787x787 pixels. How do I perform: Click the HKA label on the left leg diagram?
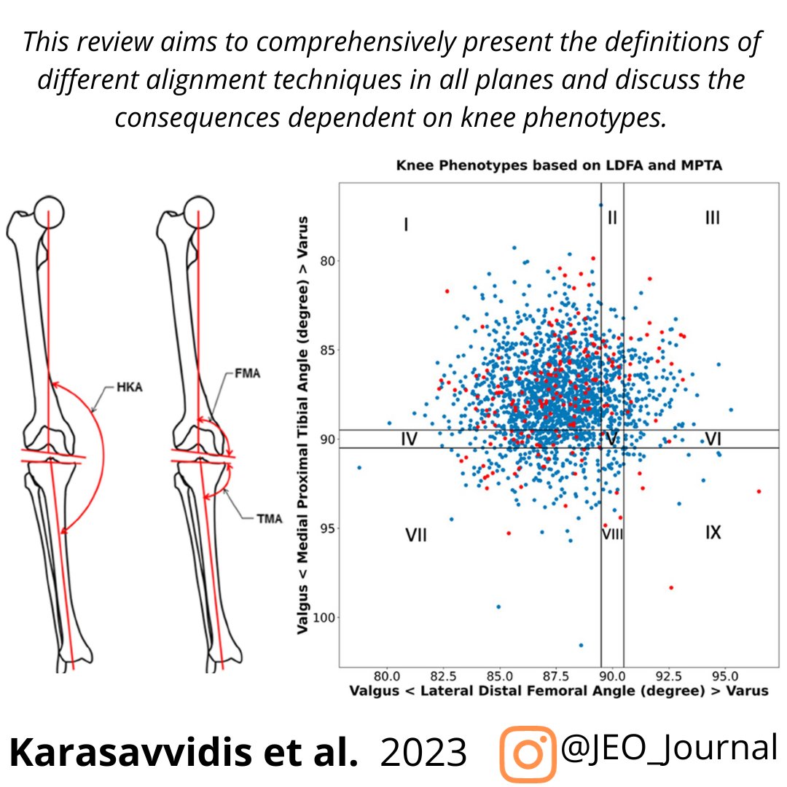click(x=129, y=387)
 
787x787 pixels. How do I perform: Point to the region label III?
click(x=712, y=217)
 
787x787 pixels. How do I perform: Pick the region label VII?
click(x=415, y=536)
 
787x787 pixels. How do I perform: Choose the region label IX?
click(x=713, y=533)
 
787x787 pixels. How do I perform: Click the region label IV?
click(x=409, y=439)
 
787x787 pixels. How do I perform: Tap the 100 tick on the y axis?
click(x=322, y=618)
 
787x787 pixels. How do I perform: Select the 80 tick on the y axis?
click(x=326, y=261)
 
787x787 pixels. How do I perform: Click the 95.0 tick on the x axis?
click(x=724, y=676)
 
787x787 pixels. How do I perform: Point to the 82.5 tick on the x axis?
click(x=442, y=676)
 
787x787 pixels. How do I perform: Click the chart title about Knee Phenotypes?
click(x=558, y=166)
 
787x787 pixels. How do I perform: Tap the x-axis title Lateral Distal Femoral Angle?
click(x=559, y=691)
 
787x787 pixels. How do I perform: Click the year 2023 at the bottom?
click(x=423, y=753)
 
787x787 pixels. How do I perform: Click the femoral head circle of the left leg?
click(x=50, y=211)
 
